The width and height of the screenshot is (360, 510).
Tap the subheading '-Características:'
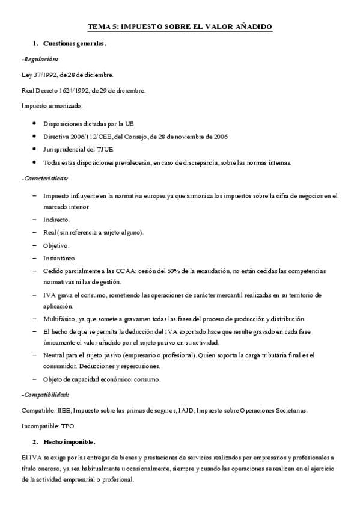(44, 178)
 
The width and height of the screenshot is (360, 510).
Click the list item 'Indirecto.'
(57, 220)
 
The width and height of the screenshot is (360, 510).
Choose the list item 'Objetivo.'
(56, 245)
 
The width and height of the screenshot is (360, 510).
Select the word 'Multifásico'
(60, 318)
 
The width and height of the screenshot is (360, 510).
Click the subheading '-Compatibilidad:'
(44, 395)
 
